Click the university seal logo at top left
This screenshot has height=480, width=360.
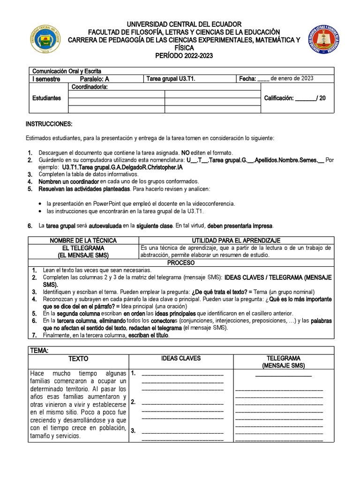(x=45, y=39)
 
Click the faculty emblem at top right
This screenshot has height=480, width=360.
(x=323, y=40)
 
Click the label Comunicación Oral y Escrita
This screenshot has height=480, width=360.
(x=67, y=71)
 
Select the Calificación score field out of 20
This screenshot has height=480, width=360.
(x=295, y=98)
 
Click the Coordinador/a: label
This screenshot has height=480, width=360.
(x=90, y=87)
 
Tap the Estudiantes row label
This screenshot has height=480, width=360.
(x=46, y=98)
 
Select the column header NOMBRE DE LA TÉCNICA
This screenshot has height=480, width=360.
(x=83, y=240)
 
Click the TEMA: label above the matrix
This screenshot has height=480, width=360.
(x=39, y=350)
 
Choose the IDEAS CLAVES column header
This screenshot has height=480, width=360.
(x=180, y=358)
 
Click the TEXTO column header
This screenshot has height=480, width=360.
(x=78, y=359)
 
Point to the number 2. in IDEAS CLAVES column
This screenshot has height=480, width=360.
(x=134, y=402)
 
